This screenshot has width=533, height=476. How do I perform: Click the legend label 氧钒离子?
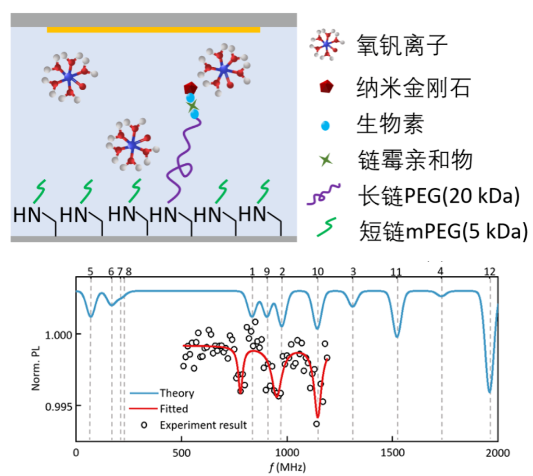point(402,46)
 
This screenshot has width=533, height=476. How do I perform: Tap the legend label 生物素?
point(390,125)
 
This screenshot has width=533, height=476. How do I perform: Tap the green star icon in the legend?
point(326,160)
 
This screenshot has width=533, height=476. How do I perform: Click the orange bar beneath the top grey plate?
point(153,30)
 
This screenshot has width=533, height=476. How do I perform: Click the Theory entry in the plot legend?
point(176,393)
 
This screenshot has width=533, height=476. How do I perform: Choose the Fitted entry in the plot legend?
point(174,409)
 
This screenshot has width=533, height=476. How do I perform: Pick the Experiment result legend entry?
point(203,425)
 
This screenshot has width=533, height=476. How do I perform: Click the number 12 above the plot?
point(489,271)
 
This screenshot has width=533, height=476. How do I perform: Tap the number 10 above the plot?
point(318,271)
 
